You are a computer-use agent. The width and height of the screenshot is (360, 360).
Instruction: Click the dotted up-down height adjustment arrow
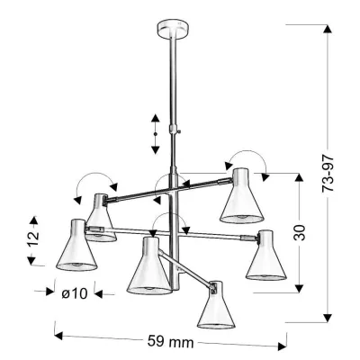pos(155,133)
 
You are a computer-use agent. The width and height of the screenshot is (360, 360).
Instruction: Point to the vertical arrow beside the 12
pos(33,238)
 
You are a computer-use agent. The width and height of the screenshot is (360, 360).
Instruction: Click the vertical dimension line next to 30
pos(298,232)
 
